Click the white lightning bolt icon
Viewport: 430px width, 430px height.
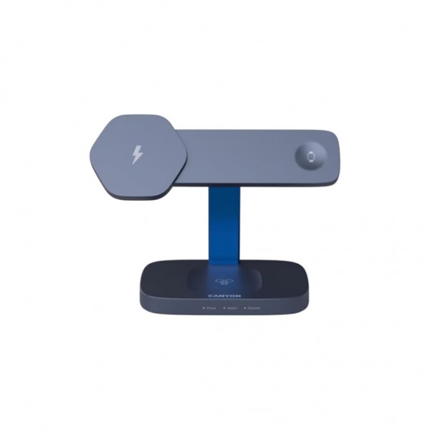click(x=138, y=154)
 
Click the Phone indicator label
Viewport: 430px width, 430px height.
click(x=211, y=308)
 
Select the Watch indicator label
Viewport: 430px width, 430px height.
click(x=231, y=308)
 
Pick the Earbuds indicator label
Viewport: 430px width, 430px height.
click(x=254, y=308)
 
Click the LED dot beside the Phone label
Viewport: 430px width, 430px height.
click(x=204, y=308)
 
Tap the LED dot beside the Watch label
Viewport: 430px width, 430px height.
click(x=224, y=308)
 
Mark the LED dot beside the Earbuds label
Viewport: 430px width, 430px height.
click(x=244, y=308)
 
